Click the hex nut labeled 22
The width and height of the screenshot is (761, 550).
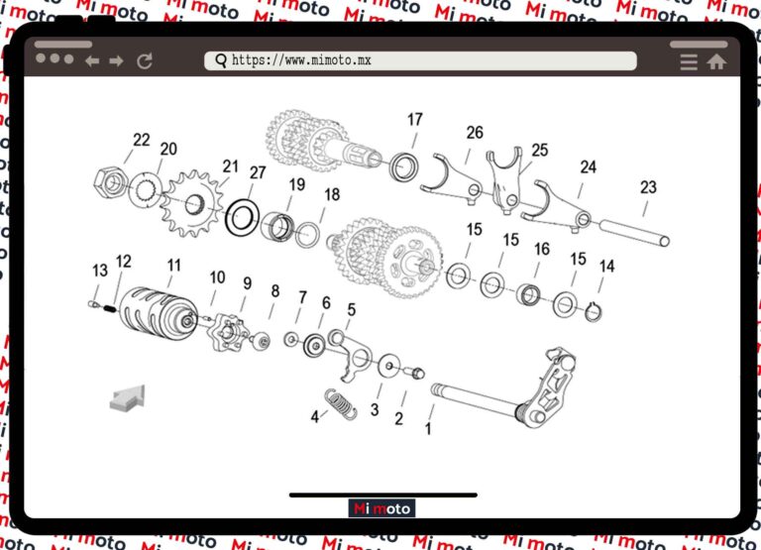[x=109, y=181]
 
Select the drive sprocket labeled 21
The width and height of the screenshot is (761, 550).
[x=189, y=204]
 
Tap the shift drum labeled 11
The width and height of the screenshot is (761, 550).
[x=161, y=309]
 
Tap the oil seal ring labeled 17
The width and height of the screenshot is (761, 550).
[x=403, y=166]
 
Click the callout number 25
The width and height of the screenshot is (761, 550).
[x=539, y=151]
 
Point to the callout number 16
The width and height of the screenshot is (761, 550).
[x=542, y=249]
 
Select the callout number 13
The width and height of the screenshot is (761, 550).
[x=100, y=271]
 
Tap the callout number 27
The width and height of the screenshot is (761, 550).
[x=258, y=172]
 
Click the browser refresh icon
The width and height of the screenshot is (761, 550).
[x=145, y=61]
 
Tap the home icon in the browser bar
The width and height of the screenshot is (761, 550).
[x=715, y=61]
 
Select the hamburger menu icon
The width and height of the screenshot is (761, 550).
[x=689, y=61]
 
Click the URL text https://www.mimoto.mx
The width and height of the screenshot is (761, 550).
[x=301, y=60]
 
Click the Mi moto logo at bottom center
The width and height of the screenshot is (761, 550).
[x=381, y=508]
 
